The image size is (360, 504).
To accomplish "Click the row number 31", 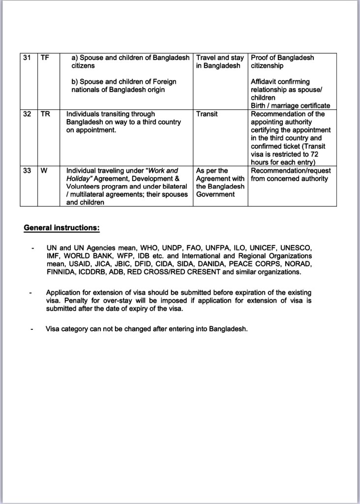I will (27, 58).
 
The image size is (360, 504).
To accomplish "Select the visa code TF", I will (45, 58).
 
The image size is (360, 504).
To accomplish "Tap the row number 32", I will (27, 114).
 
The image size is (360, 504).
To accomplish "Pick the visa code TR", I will (45, 114).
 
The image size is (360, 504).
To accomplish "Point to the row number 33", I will (27, 171).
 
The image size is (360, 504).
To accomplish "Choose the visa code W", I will (44, 171).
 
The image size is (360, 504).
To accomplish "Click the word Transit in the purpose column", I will (207, 114).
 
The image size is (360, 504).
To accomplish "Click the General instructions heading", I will (62, 228).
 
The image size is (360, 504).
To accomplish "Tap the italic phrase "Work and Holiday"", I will (123, 175).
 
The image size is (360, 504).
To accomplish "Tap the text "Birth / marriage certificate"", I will (290, 106).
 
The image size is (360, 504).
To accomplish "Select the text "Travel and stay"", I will (220, 58).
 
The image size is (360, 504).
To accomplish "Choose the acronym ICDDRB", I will (94, 272).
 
